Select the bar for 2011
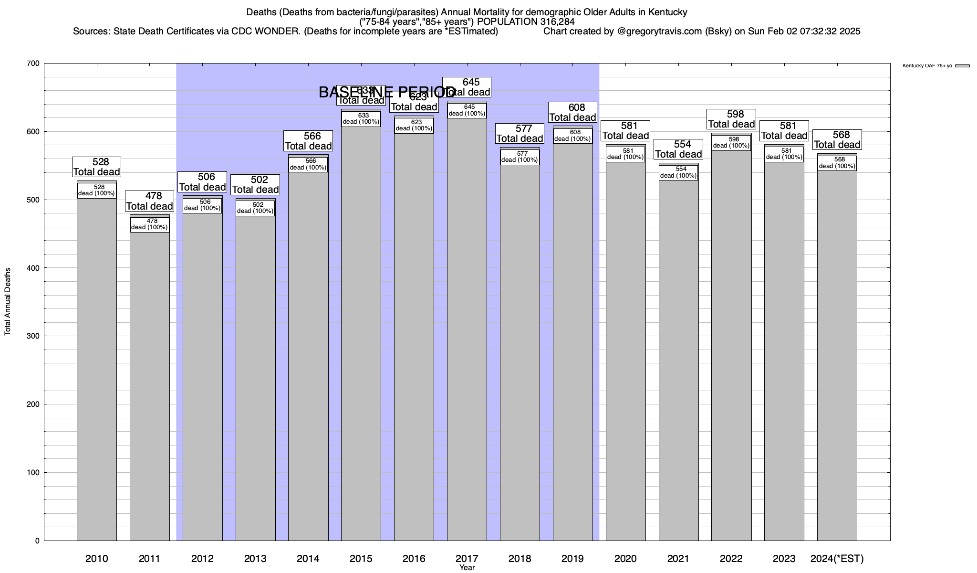(x=149, y=382)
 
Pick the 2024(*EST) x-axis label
(x=837, y=558)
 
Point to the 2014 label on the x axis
(x=308, y=558)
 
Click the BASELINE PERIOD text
(x=386, y=92)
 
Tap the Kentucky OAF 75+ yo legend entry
(x=935, y=66)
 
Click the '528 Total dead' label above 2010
(x=97, y=167)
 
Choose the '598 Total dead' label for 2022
(x=731, y=119)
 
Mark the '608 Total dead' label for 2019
(x=573, y=113)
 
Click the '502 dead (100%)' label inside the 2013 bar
(x=255, y=208)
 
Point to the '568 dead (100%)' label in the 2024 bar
(x=837, y=163)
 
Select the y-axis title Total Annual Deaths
(x=8, y=301)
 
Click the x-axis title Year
(x=467, y=567)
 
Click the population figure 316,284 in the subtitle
(x=557, y=22)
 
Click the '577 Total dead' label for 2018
(x=520, y=134)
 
